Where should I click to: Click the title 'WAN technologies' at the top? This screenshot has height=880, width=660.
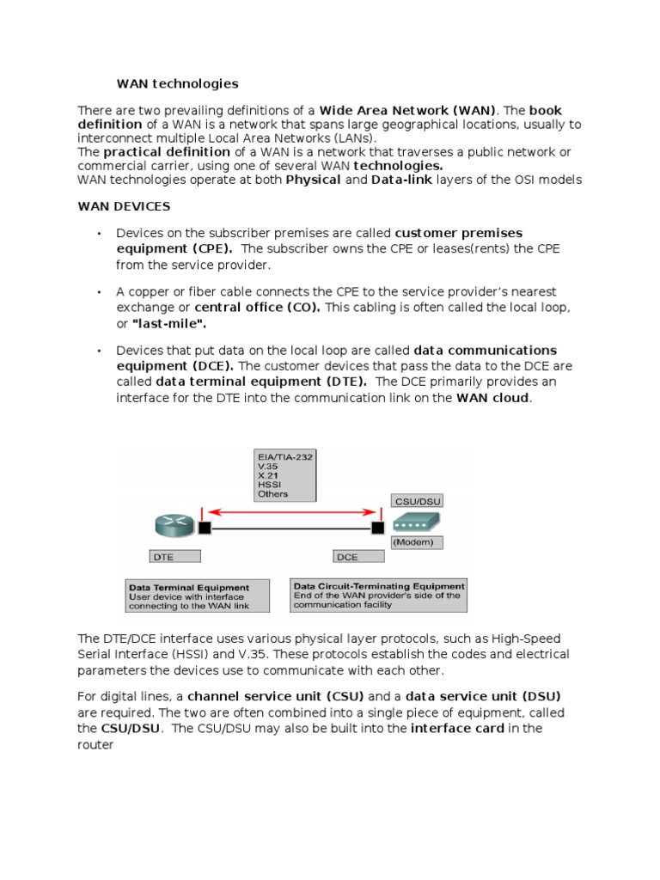(x=177, y=83)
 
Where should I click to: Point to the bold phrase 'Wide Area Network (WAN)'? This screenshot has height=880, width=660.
(x=408, y=110)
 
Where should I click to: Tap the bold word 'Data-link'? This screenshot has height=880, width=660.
(x=402, y=180)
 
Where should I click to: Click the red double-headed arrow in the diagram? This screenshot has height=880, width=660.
(x=291, y=512)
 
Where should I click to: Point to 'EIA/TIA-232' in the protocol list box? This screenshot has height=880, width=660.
(x=284, y=457)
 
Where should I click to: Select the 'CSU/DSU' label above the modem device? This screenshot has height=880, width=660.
(x=417, y=500)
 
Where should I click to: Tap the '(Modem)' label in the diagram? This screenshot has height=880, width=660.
(x=418, y=542)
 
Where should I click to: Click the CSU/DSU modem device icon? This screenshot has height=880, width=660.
(x=416, y=522)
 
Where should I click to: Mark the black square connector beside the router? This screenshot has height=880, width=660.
(x=205, y=527)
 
